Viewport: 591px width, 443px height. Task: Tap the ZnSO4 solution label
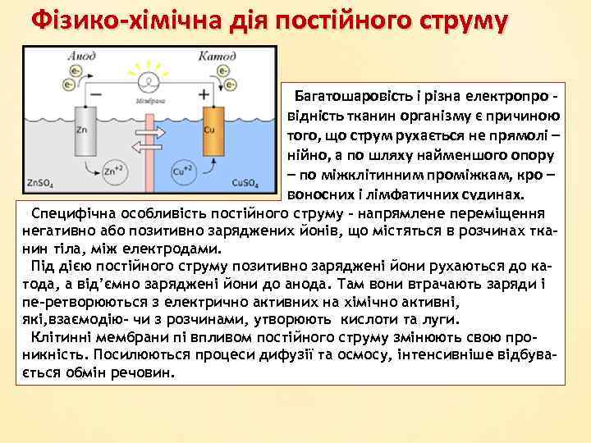[40, 182]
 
